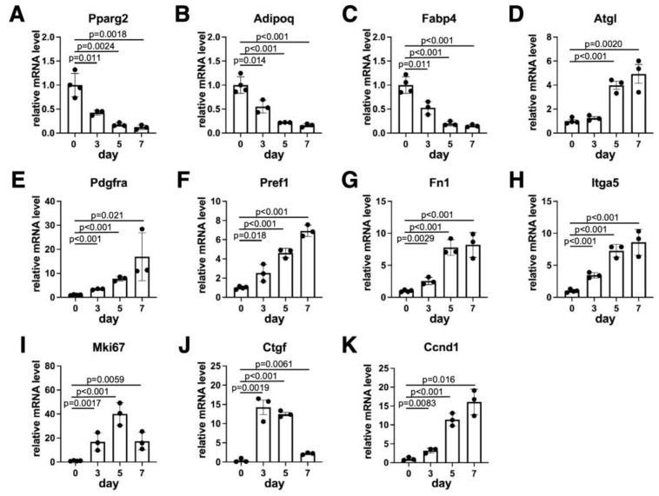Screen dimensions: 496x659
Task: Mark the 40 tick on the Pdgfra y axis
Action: [57, 202]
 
